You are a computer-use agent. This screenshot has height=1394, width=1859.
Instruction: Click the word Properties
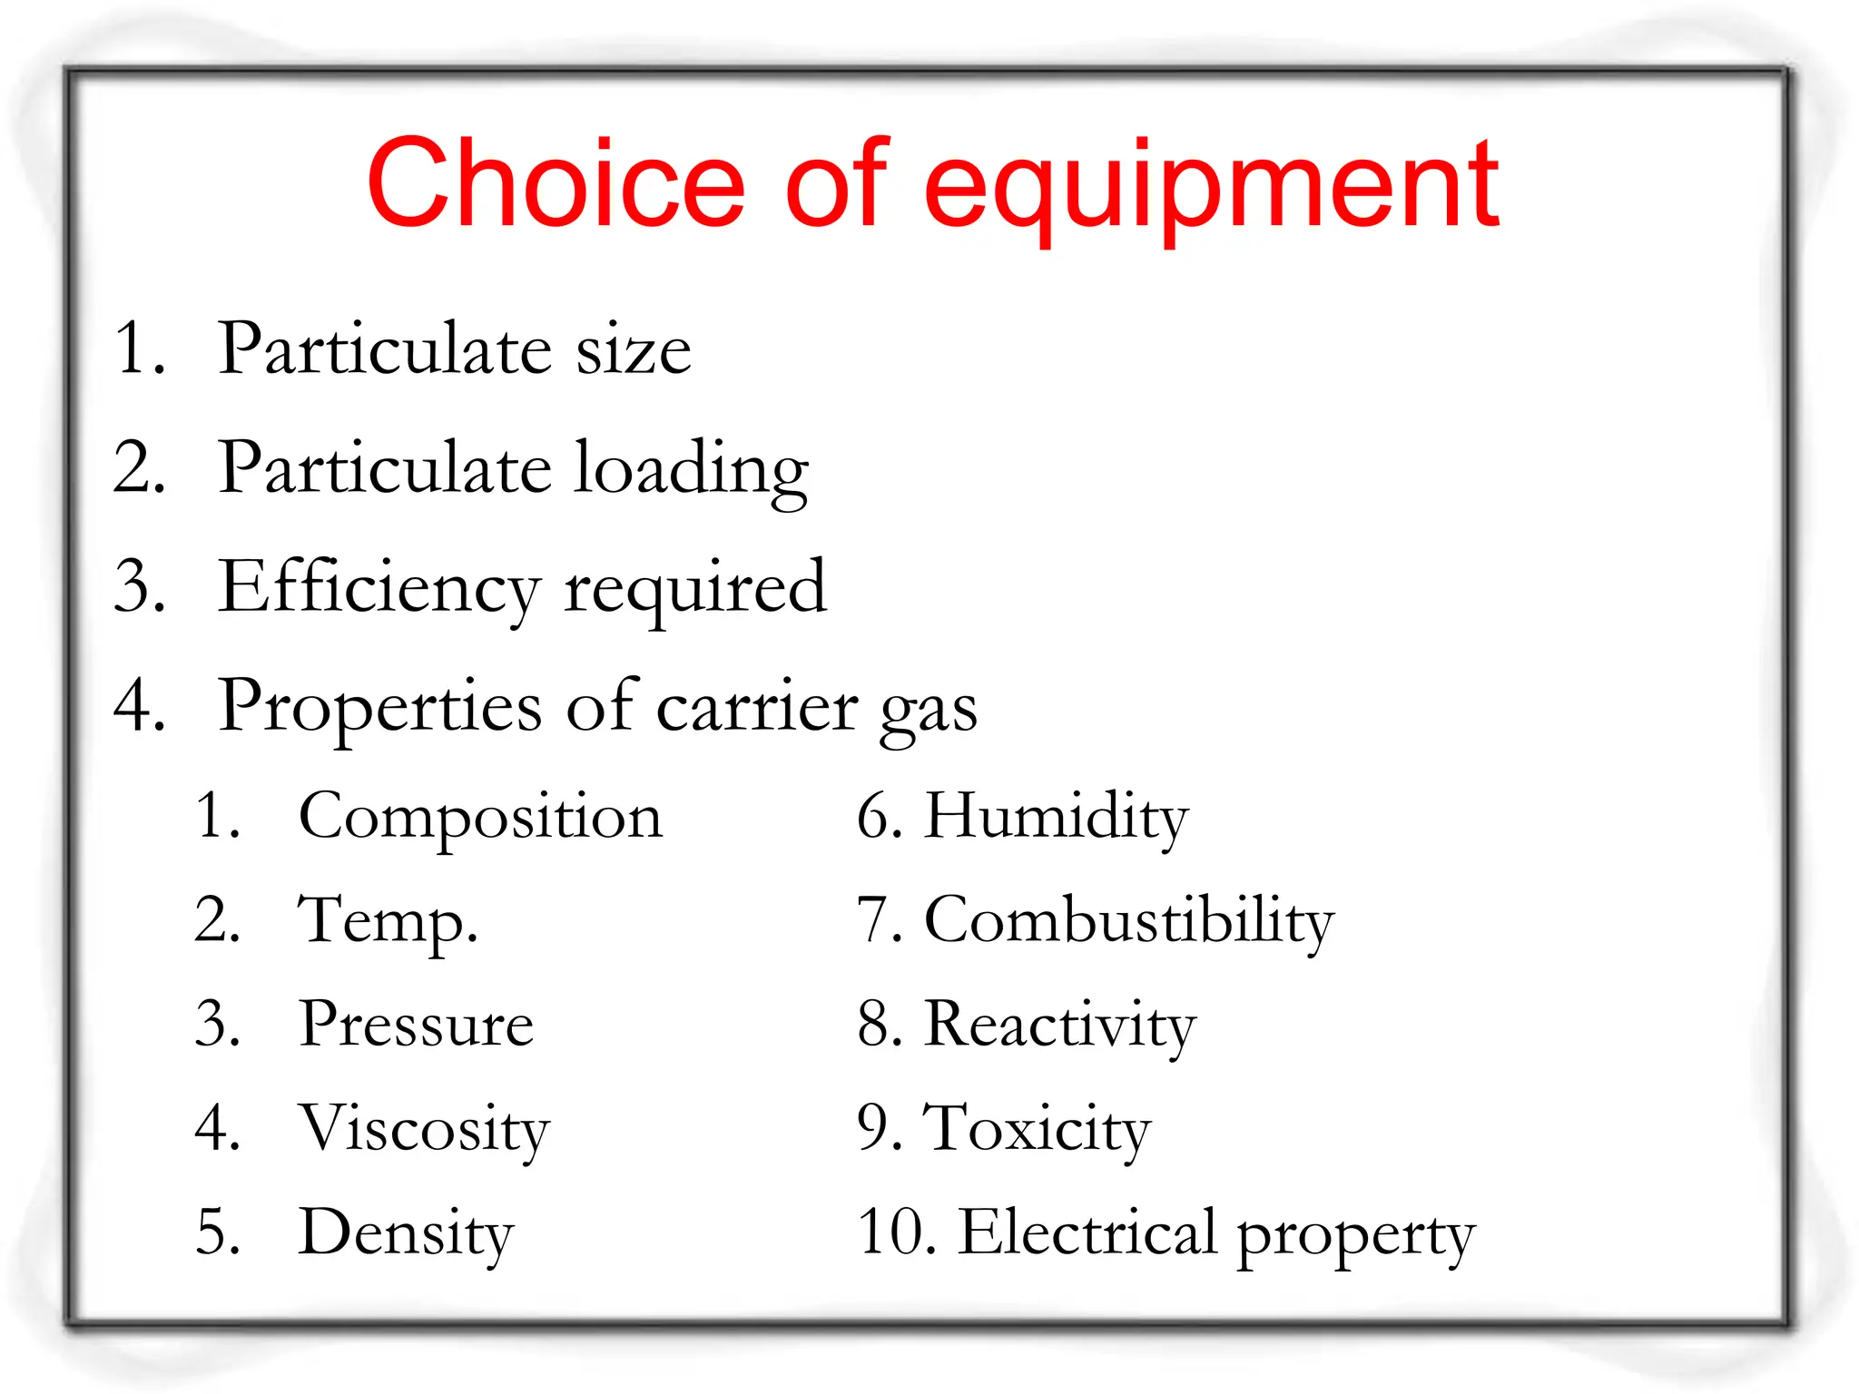[380, 708]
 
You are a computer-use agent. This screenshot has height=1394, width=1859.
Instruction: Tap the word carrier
[757, 708]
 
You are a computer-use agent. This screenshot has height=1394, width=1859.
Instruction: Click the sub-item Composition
[480, 817]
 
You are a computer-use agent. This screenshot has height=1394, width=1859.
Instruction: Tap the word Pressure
[417, 1025]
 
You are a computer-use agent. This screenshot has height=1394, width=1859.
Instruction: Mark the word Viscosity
[424, 1130]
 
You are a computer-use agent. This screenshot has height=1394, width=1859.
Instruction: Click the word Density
[406, 1234]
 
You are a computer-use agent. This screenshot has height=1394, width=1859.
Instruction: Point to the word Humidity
[1056, 817]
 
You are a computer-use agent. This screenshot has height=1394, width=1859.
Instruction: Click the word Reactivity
[1059, 1026]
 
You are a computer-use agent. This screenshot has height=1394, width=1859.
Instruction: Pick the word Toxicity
[1037, 1130]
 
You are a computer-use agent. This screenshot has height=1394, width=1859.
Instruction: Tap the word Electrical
[1087, 1232]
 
